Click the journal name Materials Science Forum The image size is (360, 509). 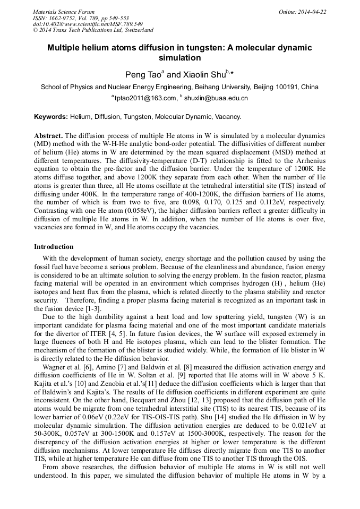coord(64,12)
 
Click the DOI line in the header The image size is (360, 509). coord(88,24)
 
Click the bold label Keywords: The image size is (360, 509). coord(51,116)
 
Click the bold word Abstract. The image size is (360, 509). coord(48,136)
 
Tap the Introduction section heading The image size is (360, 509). coord(54,247)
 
